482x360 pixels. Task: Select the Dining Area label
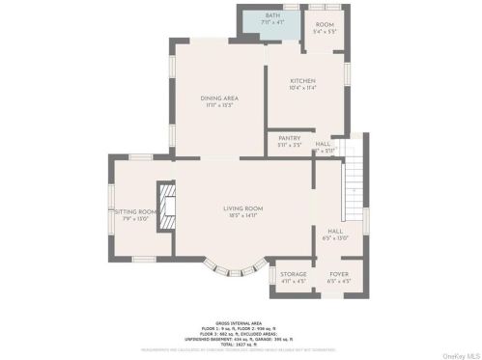(218, 98)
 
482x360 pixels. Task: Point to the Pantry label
(290, 138)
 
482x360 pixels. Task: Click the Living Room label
(243, 208)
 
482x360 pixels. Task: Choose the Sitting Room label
(136, 211)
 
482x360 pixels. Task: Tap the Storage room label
(294, 274)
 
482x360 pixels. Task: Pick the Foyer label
(339, 274)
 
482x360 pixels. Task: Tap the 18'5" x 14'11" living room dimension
(243, 216)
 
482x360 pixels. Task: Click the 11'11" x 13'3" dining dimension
(218, 106)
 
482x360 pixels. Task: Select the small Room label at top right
(325, 23)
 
